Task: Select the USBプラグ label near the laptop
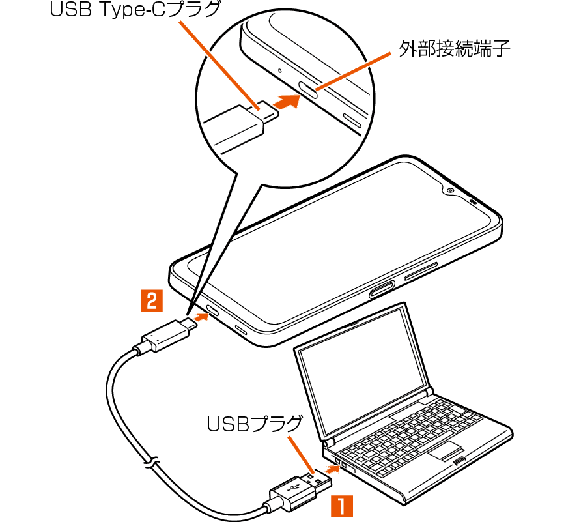click(255, 424)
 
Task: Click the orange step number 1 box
click(343, 506)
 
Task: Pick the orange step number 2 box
click(151, 300)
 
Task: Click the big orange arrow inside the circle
click(286, 102)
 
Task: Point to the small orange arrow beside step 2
click(203, 317)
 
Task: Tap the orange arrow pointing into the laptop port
click(330, 467)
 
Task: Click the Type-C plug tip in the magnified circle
click(268, 109)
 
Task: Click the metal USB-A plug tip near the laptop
click(321, 480)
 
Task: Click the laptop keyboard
click(417, 430)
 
